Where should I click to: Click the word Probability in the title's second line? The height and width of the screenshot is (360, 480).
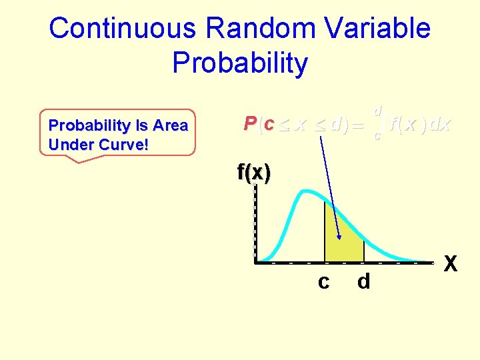click(x=240, y=63)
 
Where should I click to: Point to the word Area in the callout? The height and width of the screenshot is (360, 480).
click(x=170, y=125)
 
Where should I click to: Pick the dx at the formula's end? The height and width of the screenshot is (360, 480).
click(x=439, y=124)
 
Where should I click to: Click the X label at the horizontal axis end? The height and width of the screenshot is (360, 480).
click(x=451, y=265)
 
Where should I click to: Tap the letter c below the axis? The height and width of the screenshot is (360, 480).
click(x=323, y=283)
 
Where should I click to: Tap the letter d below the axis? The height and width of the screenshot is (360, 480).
click(x=363, y=283)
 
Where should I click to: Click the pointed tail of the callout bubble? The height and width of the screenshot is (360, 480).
click(x=79, y=161)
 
